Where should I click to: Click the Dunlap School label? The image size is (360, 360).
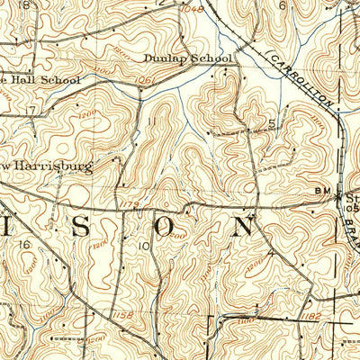click(x=187, y=58)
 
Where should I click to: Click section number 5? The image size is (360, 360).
click(x=270, y=123)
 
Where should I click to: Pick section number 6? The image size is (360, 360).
click(x=282, y=4)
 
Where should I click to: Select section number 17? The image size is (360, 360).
click(x=31, y=111)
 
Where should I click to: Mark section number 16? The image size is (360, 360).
click(x=25, y=245)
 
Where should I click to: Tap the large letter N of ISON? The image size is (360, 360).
click(x=243, y=225)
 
